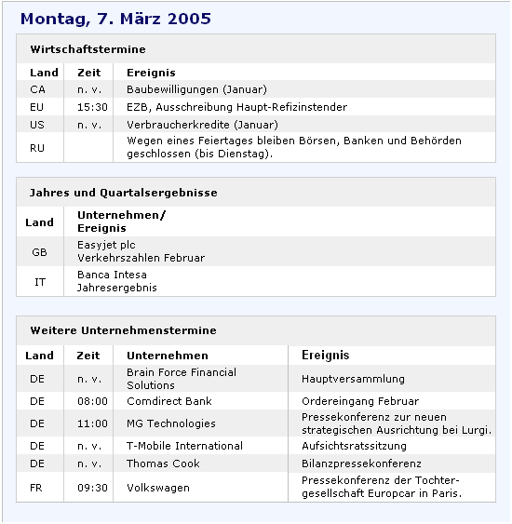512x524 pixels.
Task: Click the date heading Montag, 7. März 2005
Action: [x=115, y=19]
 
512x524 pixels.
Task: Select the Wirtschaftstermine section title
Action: [x=88, y=49]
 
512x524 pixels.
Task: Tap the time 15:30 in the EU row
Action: [x=88, y=107]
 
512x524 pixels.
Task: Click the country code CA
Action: [x=38, y=89]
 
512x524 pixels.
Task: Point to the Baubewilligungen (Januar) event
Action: [x=196, y=89]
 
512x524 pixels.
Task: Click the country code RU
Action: [x=38, y=147]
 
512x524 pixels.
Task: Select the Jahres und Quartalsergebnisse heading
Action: [x=124, y=193]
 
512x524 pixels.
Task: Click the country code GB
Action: [x=39, y=251]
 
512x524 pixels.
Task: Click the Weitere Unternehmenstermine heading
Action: [x=123, y=330]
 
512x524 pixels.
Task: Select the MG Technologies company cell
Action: [x=171, y=423]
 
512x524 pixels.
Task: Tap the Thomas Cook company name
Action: [x=163, y=464]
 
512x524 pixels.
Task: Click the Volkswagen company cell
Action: [x=157, y=487]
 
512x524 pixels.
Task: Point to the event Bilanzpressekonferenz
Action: [x=361, y=464]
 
